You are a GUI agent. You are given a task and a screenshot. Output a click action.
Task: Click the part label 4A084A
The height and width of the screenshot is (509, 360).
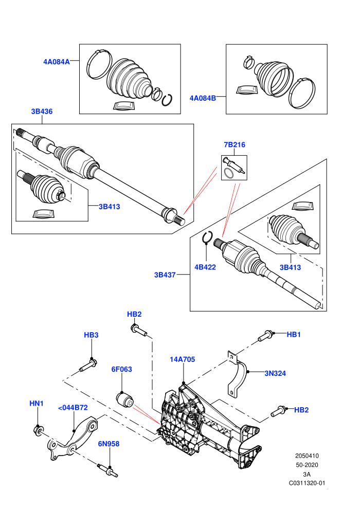[x=57, y=62]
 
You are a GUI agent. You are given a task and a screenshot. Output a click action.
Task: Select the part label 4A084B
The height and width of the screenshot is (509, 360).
[x=203, y=98]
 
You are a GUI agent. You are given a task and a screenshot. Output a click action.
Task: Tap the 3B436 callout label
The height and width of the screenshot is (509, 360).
[x=42, y=112]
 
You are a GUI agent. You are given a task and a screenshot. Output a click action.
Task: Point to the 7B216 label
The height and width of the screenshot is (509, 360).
[x=235, y=145]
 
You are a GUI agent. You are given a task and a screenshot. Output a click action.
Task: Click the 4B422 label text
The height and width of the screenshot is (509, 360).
[x=205, y=267]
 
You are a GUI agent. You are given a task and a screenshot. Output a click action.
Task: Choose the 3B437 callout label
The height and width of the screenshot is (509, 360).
[x=165, y=275]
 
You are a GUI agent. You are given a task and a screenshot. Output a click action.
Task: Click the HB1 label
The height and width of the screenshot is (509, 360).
[x=294, y=334]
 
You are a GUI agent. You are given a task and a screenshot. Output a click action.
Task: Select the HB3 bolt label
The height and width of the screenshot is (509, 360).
[x=91, y=335]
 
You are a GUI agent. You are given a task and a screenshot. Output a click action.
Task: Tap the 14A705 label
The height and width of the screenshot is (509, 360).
[x=183, y=359]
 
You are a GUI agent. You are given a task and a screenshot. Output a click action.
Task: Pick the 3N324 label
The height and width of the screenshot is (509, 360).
[x=275, y=373]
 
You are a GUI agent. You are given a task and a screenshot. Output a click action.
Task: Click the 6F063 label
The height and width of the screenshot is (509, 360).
[x=121, y=369]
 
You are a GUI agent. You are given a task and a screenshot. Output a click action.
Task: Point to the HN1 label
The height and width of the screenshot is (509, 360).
[x=37, y=404]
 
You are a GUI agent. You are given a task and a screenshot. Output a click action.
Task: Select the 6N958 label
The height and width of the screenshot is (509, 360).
[x=109, y=444]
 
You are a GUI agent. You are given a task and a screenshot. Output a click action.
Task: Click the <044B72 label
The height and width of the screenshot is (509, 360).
[x=73, y=408]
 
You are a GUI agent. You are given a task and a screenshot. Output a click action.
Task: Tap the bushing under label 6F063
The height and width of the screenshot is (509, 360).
[x=125, y=399]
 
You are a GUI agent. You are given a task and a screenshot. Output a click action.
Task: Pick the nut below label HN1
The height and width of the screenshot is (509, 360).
[x=38, y=430]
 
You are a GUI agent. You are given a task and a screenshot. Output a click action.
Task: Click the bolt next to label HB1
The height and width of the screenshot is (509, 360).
[x=265, y=336]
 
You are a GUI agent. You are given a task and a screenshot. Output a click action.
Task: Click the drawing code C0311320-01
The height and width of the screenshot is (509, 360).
[x=307, y=483]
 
